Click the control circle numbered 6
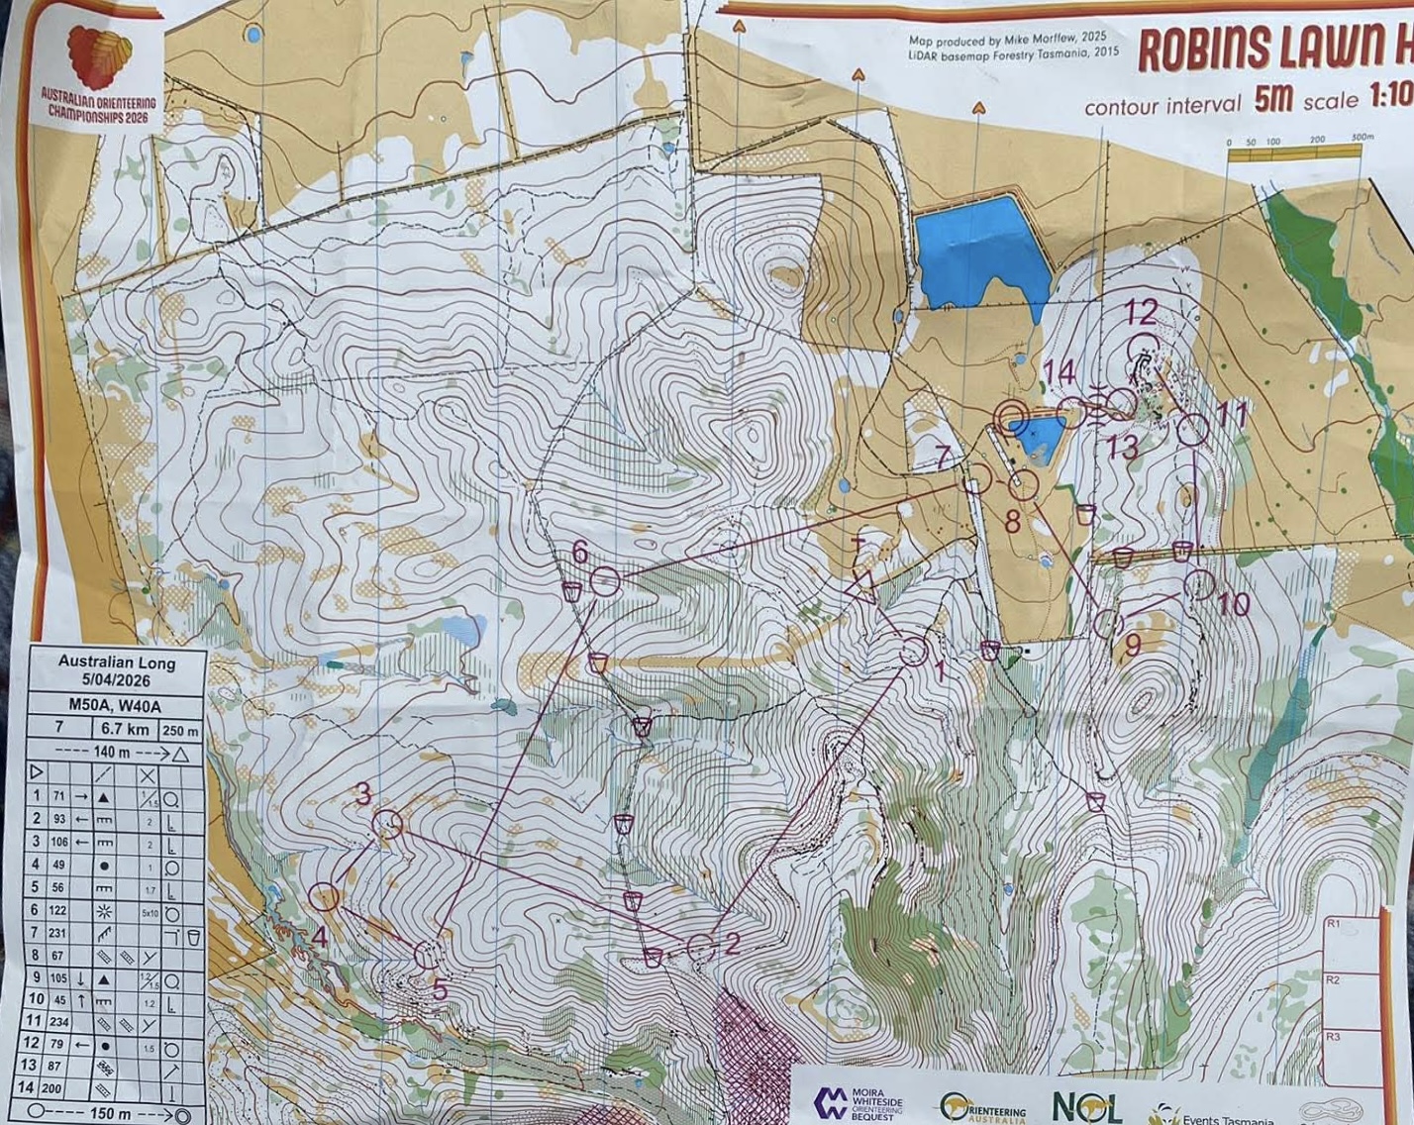point(605,581)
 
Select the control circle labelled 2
point(700,948)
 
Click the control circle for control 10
point(1200,584)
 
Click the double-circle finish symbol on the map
point(1011,419)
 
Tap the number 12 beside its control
point(1140,313)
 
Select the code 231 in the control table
point(59,933)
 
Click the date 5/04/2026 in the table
point(117,681)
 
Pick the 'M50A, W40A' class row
point(117,705)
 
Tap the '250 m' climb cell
point(179,731)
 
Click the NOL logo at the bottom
point(1086,1106)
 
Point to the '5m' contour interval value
point(1273,99)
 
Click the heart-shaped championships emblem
point(99,57)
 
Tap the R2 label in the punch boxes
point(1333,979)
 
